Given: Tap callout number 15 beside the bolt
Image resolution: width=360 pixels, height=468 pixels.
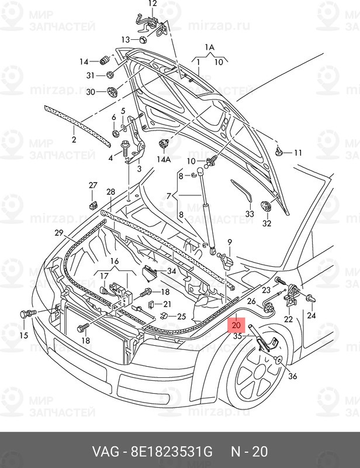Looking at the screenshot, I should (23, 335).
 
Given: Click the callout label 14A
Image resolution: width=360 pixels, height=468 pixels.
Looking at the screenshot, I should (163, 159).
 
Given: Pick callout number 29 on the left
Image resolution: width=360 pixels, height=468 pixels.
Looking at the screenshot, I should (58, 233).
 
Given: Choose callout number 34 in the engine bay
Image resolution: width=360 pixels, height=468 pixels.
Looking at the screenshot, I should (171, 271).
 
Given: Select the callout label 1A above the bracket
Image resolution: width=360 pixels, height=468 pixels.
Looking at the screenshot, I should (210, 47).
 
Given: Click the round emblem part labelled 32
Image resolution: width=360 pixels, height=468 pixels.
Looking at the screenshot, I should (266, 208).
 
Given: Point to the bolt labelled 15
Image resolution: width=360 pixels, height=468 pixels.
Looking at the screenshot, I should (26, 315).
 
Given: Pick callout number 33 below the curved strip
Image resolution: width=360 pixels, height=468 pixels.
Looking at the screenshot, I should (250, 214).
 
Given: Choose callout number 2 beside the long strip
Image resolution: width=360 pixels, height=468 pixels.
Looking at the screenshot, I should (74, 140).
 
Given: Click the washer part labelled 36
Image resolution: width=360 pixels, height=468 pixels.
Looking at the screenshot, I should (278, 360).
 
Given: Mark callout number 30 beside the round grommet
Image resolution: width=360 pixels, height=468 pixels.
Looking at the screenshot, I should (90, 92).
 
